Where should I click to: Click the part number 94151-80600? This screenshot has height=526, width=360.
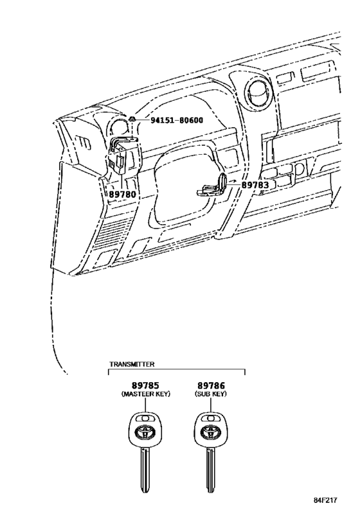[177, 119]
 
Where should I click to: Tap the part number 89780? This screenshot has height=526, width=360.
[122, 194]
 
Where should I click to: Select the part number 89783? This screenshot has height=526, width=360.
[255, 185]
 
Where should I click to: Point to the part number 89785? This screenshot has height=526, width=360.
[145, 385]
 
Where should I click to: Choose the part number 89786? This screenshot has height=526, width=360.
[211, 385]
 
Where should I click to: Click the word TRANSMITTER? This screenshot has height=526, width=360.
[132, 364]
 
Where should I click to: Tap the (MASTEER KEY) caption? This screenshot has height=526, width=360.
[146, 394]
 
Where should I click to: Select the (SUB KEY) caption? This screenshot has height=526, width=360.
[211, 394]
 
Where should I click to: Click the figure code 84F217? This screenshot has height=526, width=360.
[325, 500]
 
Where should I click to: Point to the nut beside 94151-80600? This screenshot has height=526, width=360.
[132, 118]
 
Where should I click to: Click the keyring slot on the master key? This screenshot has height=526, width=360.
[145, 418]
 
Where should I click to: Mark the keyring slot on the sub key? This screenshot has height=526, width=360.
[211, 418]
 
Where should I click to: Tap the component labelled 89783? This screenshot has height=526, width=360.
[212, 186]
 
